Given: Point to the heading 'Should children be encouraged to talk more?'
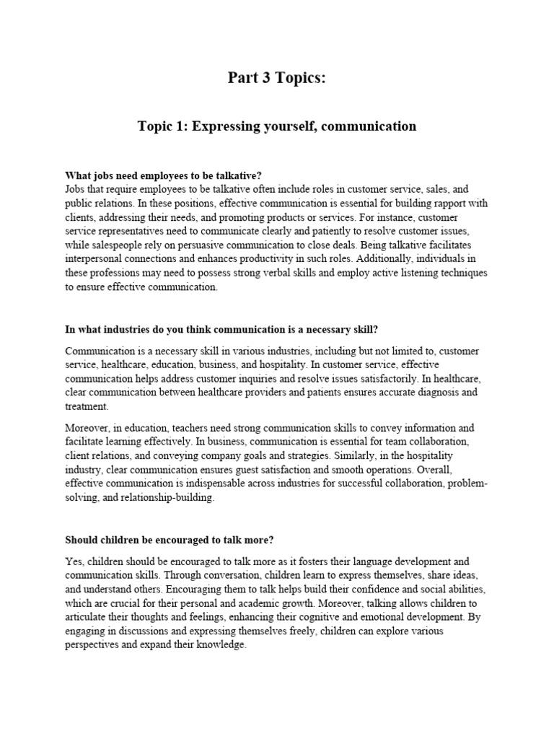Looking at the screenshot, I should tap(170, 540).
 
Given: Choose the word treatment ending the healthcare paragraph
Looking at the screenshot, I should tap(86, 406).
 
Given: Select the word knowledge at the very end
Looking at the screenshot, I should tap(221, 644).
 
